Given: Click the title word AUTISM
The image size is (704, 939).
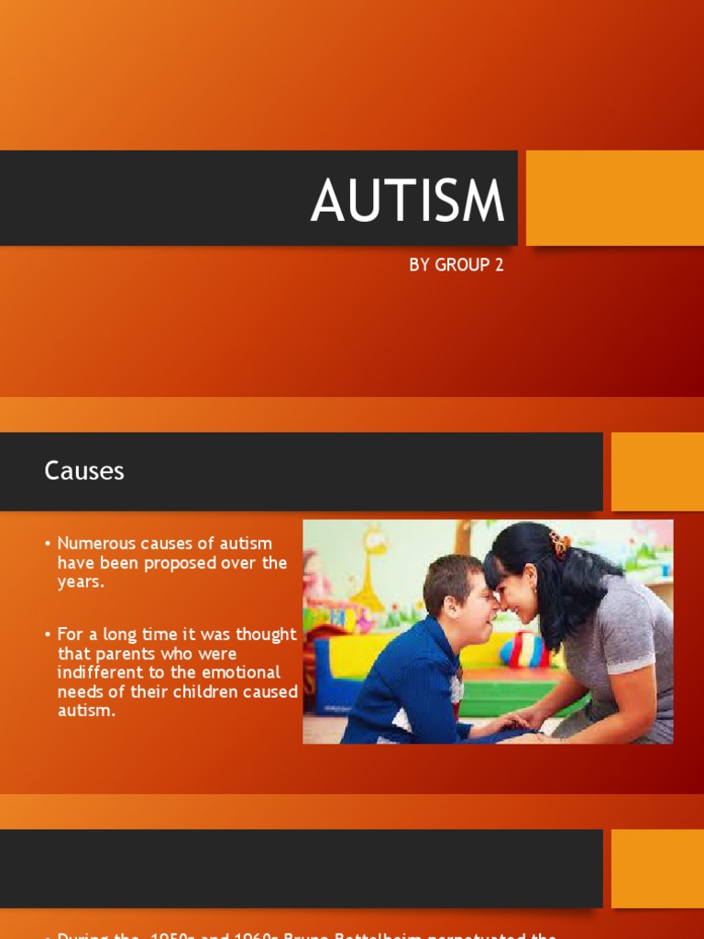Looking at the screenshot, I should (407, 201).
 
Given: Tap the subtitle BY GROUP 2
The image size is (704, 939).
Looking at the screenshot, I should (456, 265).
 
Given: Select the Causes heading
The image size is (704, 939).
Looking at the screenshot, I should (84, 471).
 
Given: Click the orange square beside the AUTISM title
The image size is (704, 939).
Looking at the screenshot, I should (614, 198).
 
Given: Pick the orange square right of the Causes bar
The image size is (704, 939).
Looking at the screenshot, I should (656, 471).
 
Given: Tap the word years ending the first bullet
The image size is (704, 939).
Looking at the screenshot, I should (80, 581).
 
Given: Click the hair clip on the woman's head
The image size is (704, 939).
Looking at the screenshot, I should (558, 544).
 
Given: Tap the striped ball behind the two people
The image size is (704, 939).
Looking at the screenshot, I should (522, 648).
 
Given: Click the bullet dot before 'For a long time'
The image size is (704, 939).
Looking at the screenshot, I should (47, 635).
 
